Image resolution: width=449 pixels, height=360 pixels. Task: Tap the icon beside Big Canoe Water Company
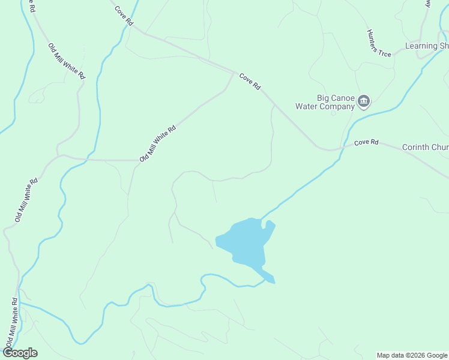pos(364,102)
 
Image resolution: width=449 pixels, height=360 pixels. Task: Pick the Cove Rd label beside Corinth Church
pos(366,142)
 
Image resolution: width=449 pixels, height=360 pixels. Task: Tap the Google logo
pos(20,353)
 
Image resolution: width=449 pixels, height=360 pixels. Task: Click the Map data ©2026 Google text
pos(411,355)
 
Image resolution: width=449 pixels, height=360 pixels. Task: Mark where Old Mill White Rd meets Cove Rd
pos(234,72)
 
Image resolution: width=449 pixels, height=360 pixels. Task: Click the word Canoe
pos(343,98)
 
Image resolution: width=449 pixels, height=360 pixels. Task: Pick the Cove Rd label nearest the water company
pos(250,82)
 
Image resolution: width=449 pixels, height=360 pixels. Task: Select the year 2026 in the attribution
pos(414,355)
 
